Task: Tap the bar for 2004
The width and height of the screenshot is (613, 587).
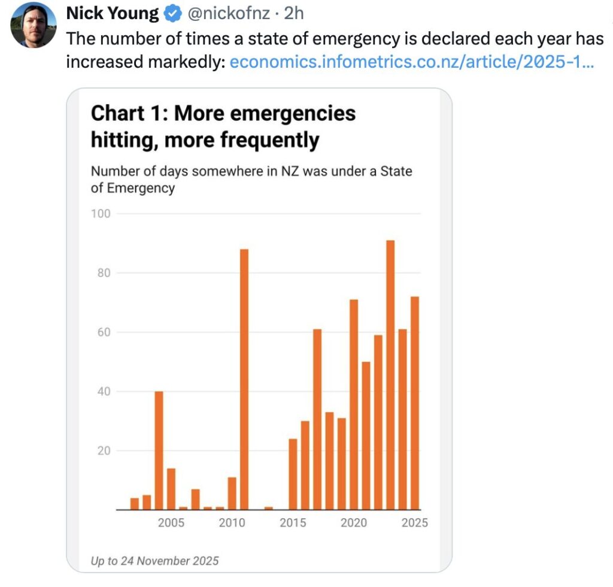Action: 159,450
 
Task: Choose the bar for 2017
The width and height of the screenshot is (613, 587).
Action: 317,419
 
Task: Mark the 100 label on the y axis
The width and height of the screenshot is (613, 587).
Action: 101,214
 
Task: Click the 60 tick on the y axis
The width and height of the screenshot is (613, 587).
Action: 104,332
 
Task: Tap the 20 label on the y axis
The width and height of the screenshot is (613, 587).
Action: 104,451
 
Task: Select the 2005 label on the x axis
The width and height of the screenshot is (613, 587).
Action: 171,523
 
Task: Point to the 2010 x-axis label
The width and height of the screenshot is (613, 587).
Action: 232,523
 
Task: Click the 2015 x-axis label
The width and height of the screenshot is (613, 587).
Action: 293,523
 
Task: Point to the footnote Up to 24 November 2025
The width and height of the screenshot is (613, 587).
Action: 154,561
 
